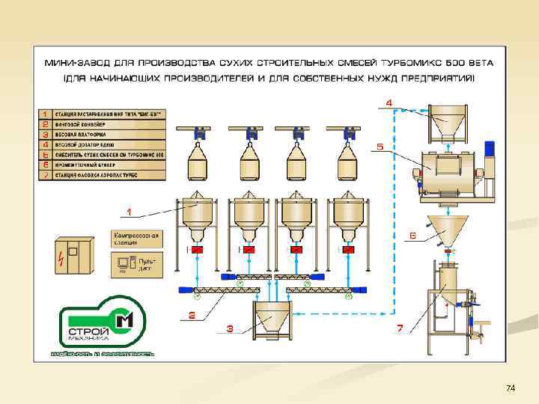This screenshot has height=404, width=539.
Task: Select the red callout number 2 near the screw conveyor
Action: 193,315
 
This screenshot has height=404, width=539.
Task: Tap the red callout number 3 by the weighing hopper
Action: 230,328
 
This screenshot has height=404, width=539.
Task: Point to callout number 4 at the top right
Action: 389,102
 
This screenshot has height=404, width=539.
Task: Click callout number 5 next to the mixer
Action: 380,147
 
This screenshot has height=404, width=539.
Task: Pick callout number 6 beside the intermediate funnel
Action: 412,235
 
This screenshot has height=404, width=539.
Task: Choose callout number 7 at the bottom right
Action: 400,328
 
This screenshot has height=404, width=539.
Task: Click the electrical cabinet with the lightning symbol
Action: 70,254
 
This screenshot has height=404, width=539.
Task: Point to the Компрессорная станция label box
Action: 135,239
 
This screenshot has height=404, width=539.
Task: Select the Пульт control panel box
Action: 135,264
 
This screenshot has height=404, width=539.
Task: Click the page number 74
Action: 511,388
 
